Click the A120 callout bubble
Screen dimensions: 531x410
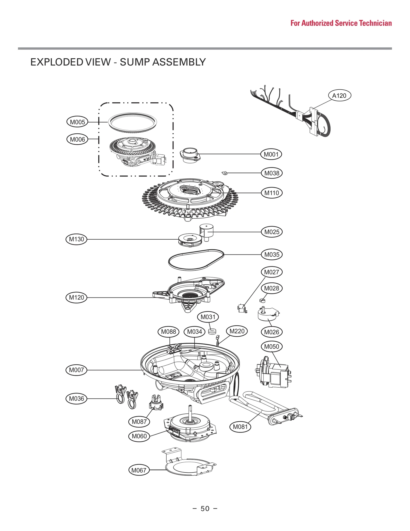(339, 95)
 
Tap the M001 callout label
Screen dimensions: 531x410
(271, 154)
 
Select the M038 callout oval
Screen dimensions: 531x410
(272, 173)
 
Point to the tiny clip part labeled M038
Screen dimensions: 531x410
(224, 173)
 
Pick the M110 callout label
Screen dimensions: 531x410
(272, 193)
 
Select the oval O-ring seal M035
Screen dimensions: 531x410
(196, 260)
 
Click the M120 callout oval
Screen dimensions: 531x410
(76, 298)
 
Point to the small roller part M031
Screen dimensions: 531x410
(212, 332)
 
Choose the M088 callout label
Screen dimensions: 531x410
(168, 332)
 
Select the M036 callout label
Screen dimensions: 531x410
(76, 398)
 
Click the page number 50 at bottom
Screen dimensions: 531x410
(205, 508)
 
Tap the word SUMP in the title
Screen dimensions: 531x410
(135, 62)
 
